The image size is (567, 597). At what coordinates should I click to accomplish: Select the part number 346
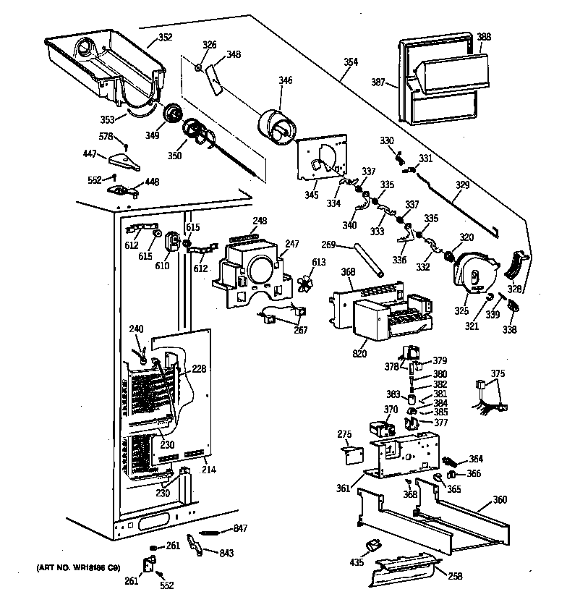pos(286,80)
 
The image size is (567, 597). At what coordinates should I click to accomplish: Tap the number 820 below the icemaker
pos(359,354)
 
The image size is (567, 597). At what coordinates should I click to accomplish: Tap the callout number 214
pos(208,470)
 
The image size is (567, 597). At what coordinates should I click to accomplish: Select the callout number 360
pos(500,499)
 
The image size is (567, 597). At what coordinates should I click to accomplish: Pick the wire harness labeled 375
pos(485,400)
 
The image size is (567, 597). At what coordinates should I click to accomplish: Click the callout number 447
pos(90,154)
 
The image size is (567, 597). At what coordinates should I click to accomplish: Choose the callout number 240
pos(137,329)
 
